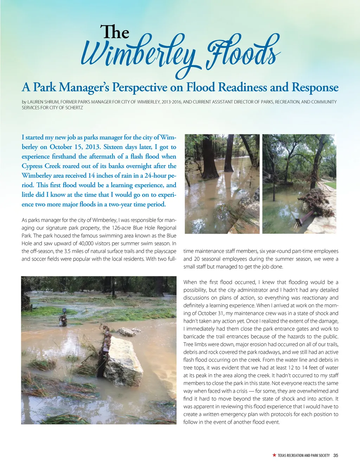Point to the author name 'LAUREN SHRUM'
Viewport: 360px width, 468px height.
click(x=43, y=102)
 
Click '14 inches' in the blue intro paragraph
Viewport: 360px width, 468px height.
click(x=101, y=176)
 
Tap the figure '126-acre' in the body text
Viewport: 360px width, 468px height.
click(x=122, y=228)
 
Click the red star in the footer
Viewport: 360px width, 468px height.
click(x=274, y=455)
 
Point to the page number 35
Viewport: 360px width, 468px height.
click(x=335, y=455)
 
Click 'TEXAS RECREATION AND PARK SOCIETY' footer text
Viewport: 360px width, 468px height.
click(x=303, y=455)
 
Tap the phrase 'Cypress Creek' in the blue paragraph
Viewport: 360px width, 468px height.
click(x=41, y=166)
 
